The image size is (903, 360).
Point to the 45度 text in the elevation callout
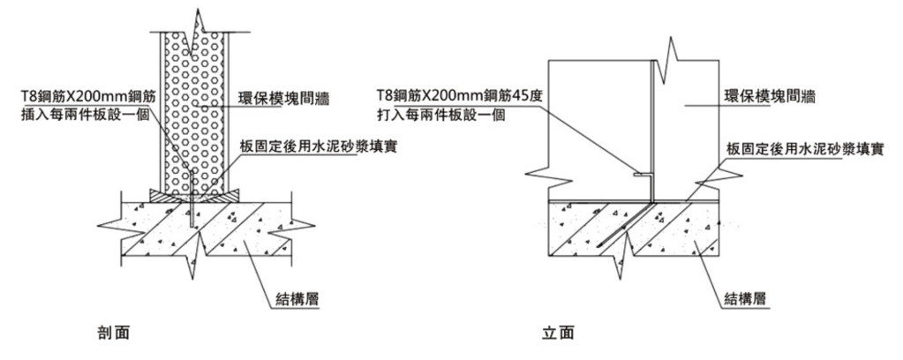517,94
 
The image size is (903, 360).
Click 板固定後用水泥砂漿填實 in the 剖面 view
317,146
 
